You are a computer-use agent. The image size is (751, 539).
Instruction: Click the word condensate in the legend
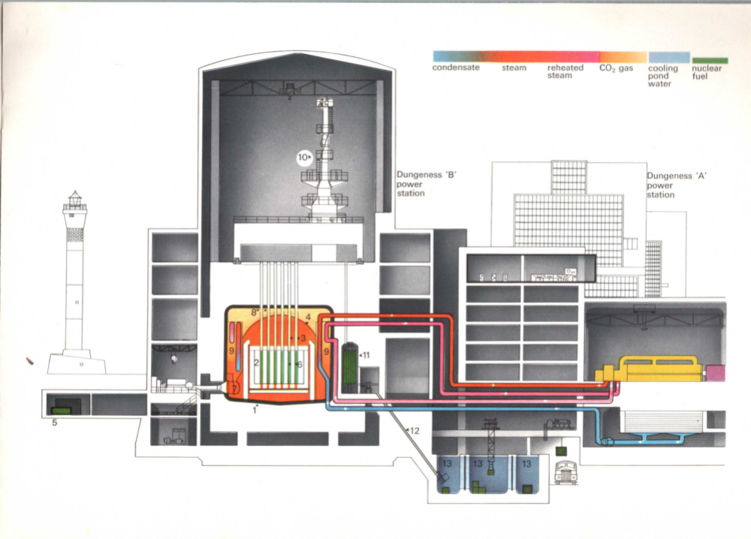456,68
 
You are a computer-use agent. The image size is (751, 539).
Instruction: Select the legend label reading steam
514,68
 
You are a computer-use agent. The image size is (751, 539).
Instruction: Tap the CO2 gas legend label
616,68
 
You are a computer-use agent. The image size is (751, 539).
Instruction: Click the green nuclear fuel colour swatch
709,60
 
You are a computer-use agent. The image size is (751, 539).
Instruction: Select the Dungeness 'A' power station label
670,185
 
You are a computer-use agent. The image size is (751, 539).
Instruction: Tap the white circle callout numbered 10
303,158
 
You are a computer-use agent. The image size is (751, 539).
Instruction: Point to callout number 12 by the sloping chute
412,429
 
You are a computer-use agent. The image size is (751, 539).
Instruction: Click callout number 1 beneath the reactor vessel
255,410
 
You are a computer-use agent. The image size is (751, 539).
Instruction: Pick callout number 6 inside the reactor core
300,364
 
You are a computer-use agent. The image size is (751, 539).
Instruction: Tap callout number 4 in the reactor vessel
308,317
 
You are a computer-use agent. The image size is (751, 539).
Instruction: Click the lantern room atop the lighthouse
74,200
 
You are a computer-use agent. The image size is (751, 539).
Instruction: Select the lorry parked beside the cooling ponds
566,471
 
